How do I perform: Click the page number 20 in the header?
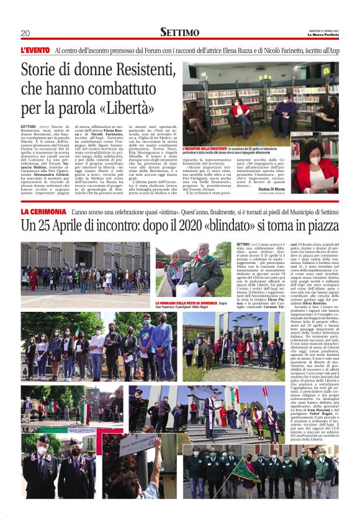(25, 33)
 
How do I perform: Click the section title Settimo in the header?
(179, 32)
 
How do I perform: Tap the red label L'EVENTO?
(35, 50)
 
